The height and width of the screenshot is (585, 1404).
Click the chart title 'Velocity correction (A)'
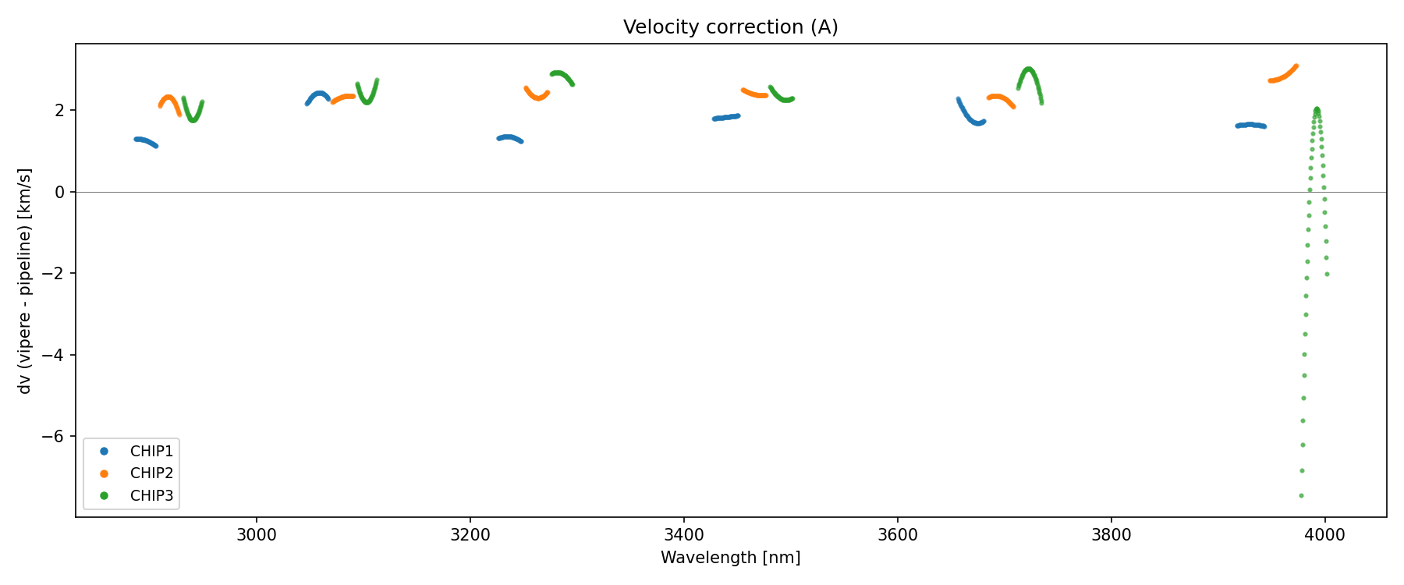pos(730,27)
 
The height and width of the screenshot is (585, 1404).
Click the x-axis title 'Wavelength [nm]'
pos(730,558)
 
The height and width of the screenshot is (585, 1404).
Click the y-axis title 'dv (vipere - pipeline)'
pos(25,281)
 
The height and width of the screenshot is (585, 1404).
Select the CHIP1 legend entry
pos(151,451)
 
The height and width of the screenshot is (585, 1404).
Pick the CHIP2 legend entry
pos(151,473)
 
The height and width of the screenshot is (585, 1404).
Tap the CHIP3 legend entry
pos(151,495)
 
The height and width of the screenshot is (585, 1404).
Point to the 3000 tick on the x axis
pos(257,535)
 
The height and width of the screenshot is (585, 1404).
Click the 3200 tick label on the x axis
pos(470,535)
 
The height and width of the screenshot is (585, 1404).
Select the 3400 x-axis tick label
pos(684,535)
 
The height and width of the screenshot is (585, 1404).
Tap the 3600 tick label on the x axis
pos(898,535)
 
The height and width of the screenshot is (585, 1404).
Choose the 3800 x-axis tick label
pos(1111,535)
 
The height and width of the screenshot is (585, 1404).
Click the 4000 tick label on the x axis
pos(1324,535)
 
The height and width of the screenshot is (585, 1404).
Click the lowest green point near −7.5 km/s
pos(1301,495)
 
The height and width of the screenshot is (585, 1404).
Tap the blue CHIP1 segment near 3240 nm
pos(509,138)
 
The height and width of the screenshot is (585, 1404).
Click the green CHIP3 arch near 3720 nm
pos(1029,69)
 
